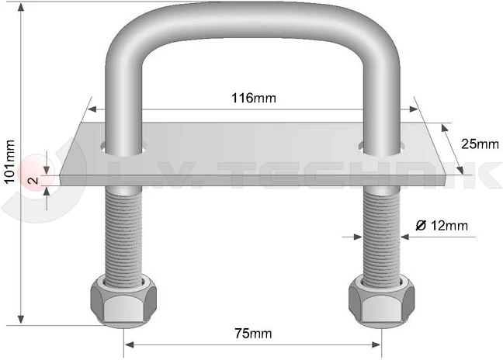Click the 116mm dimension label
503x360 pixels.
(254, 99)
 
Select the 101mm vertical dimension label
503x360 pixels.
(9, 162)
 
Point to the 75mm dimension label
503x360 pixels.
(253, 334)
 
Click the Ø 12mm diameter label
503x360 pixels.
(442, 226)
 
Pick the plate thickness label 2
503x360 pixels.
(31, 181)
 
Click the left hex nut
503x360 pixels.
(121, 299)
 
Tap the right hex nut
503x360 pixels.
(381, 299)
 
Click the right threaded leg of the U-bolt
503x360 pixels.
(383, 233)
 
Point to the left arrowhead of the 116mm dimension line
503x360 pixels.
(93, 109)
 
